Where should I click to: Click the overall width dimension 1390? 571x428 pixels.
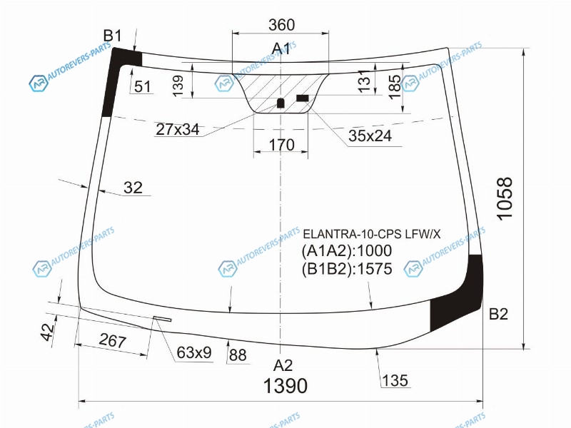(285, 386)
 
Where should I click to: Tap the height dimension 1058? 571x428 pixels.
(505, 198)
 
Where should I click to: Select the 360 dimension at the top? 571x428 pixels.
(281, 25)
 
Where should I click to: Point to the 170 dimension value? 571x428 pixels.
(281, 145)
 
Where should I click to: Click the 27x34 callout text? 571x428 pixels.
(178, 129)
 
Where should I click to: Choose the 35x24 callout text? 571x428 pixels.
(370, 136)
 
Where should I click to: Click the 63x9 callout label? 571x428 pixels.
(193, 352)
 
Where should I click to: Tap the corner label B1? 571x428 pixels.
(113, 36)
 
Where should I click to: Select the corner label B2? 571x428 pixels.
(498, 313)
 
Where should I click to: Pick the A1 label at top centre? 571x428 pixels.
(281, 49)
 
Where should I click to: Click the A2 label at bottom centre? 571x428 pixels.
(283, 365)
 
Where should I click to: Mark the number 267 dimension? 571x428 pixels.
(113, 341)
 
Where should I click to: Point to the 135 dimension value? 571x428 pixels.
(395, 381)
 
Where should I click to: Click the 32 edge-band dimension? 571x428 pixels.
(133, 188)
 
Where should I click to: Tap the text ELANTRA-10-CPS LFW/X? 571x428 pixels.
(372, 234)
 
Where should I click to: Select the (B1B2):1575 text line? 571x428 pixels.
(347, 269)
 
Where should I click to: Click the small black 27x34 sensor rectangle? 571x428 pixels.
(281, 103)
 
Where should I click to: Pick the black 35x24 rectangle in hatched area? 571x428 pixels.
(303, 98)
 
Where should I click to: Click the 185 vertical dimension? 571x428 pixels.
(395, 86)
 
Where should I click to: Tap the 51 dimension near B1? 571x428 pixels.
(142, 86)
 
